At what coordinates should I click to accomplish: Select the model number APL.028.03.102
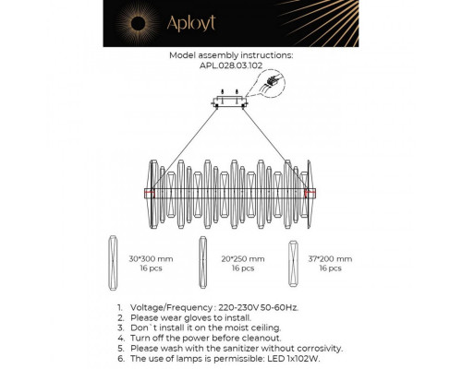point(231,65)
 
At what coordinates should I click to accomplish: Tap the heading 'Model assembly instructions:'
point(231,55)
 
